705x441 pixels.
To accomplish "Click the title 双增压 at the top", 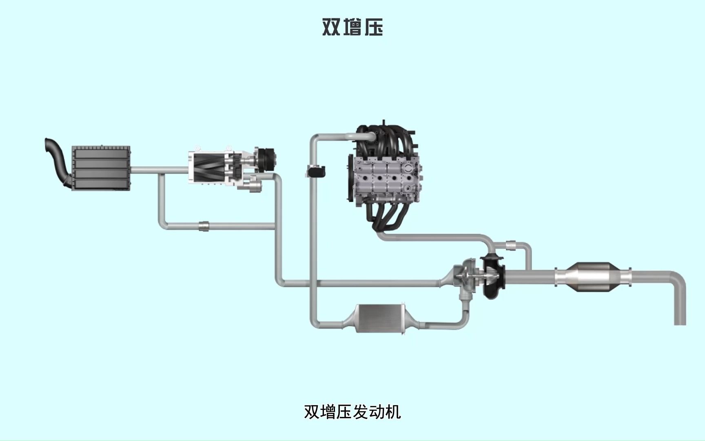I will [x=352, y=27].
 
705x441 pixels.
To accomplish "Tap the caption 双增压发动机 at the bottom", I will [x=352, y=412].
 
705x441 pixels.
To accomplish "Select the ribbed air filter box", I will [x=101, y=168].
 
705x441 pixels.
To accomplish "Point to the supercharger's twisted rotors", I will [x=208, y=168].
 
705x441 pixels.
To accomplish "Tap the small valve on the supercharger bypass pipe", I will [x=204, y=225].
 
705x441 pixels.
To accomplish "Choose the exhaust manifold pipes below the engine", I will [x=392, y=216].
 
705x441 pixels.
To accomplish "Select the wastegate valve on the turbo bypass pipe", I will [x=511, y=245].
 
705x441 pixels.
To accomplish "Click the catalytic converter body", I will [x=592, y=277].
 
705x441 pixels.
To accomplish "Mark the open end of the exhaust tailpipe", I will [x=680, y=323].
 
